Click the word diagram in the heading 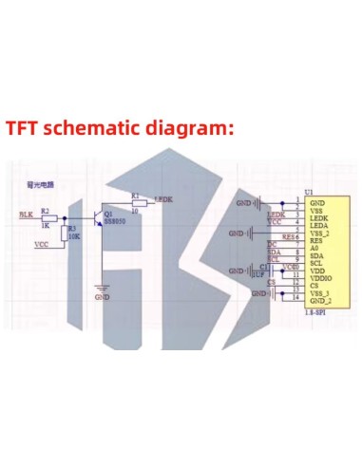[x=191, y=129]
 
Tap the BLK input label [x=26, y=215]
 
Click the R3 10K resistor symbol [x=64, y=233]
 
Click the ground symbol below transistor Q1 [x=102, y=287]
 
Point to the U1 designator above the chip [x=309, y=192]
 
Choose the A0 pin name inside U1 [x=315, y=248]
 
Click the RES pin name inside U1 [x=317, y=240]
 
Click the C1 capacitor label [x=264, y=267]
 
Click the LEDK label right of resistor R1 [x=162, y=200]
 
